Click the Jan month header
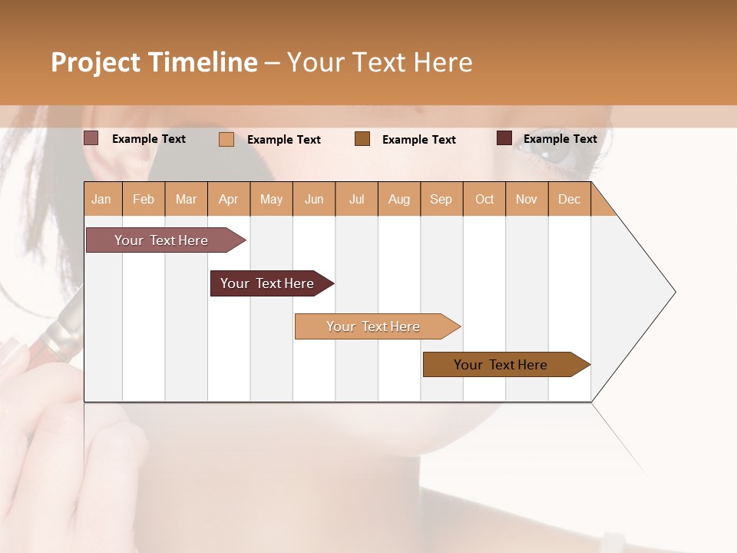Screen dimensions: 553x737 [102, 199]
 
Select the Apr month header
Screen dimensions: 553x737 [229, 199]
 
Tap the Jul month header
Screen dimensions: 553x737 [356, 199]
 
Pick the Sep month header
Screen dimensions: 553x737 [441, 199]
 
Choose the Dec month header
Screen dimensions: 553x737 [569, 199]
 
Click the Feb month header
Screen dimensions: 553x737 [144, 199]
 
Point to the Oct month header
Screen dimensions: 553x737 [484, 199]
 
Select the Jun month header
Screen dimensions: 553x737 [314, 199]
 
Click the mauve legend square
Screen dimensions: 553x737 [91, 138]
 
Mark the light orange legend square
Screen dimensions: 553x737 [226, 139]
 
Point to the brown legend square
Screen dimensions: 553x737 [362, 139]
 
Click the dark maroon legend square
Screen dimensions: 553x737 [504, 138]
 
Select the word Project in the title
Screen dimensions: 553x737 [96, 62]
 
